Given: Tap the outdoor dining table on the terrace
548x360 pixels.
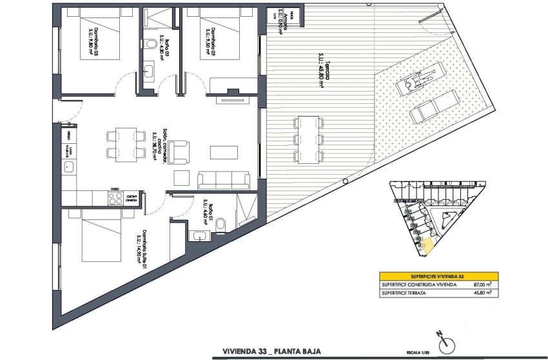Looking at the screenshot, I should [309, 139].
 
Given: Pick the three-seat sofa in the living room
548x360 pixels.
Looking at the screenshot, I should [224, 179].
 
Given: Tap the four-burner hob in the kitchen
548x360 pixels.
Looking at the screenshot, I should [116, 199].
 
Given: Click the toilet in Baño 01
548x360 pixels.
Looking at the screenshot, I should [220, 223].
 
